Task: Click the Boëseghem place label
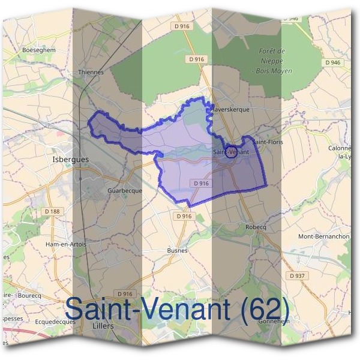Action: pyautogui.click(x=38, y=50)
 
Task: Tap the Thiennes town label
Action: pyautogui.click(x=91, y=72)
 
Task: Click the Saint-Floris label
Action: pyautogui.click(x=267, y=142)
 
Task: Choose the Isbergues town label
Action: pyautogui.click(x=70, y=159)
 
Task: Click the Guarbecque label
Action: pyautogui.click(x=124, y=190)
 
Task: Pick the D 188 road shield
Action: pyautogui.click(x=52, y=211)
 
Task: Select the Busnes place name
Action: pyautogui.click(x=177, y=250)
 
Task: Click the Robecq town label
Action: pyautogui.click(x=256, y=227)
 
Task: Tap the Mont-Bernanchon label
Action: pyautogui.click(x=324, y=236)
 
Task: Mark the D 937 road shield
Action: pyautogui.click(x=296, y=275)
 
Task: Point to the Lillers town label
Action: pyautogui.click(x=104, y=326)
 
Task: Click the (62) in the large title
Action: pyautogui.click(x=262, y=309)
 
